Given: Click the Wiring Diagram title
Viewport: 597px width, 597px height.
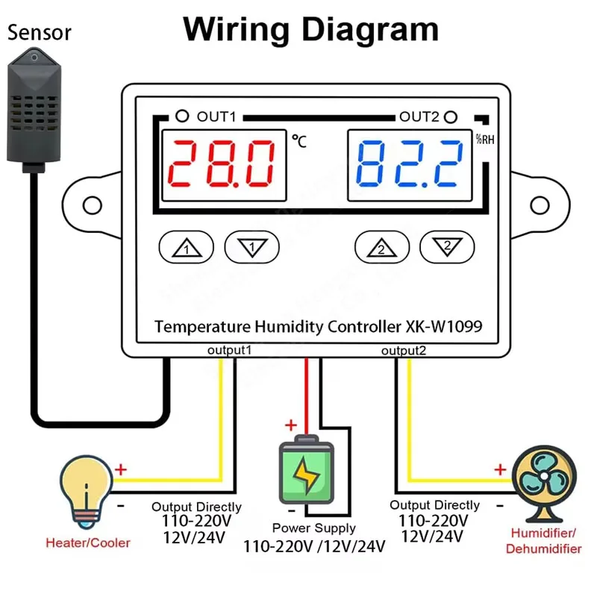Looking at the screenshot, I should (x=310, y=30).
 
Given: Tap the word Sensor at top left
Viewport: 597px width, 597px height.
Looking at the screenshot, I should (x=40, y=33).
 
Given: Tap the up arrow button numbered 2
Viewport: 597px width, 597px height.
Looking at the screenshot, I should (x=381, y=246).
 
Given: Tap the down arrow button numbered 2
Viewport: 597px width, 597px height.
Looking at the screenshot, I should (x=447, y=246).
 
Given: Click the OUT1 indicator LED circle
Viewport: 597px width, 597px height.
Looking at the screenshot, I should (x=181, y=116).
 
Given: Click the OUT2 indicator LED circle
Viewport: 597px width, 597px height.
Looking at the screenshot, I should (x=451, y=116).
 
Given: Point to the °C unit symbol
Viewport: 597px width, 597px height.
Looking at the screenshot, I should (x=299, y=140).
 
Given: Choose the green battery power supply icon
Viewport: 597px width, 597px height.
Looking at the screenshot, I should (x=307, y=470).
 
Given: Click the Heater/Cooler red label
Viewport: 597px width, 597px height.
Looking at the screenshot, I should (x=88, y=543).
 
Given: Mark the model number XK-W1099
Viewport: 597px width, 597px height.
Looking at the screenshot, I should (x=444, y=326).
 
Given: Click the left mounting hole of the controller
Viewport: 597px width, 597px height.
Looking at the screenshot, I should (x=91, y=204).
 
